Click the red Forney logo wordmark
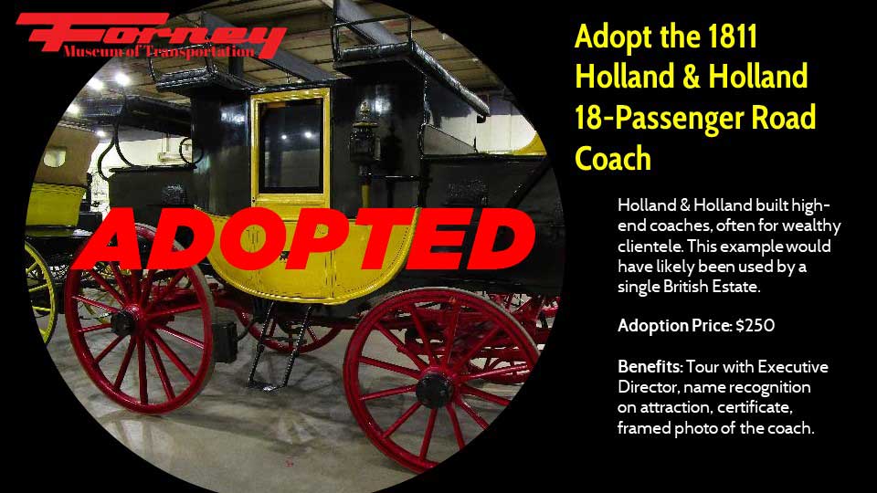pyautogui.click(x=151, y=35)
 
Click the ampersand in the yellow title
pyautogui.click(x=692, y=77)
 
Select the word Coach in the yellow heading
pyautogui.click(x=613, y=158)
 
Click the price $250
pyautogui.click(x=755, y=325)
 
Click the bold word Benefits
pyautogui.click(x=650, y=367)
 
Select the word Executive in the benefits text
pyautogui.click(x=793, y=367)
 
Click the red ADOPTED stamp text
pyautogui.click(x=305, y=238)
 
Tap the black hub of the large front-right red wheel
pyautogui.click(x=434, y=390)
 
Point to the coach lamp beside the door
pyautogui.click(x=364, y=134)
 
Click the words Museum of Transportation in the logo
pyautogui.click(x=159, y=52)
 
